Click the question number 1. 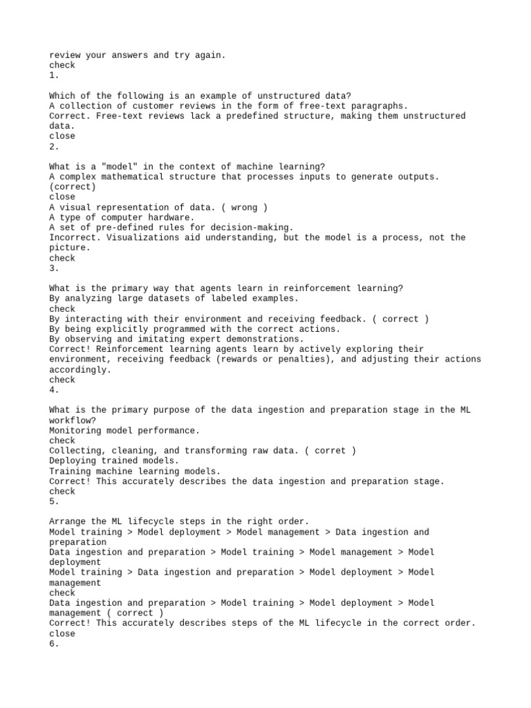click(54, 75)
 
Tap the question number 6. click(54, 644)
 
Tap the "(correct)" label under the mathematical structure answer click(73, 187)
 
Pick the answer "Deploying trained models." click(114, 460)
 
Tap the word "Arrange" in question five click(67, 521)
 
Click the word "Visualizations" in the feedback click(142, 238)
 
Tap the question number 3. click(54, 268)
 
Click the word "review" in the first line click(64, 55)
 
